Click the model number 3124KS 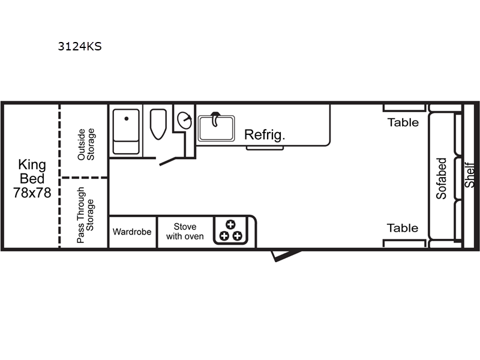(x=80, y=47)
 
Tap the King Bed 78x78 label (x=32, y=179)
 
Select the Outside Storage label (x=86, y=144)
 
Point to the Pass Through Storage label (x=85, y=215)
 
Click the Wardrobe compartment (x=132, y=232)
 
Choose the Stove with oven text (x=185, y=232)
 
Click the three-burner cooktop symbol (x=230, y=230)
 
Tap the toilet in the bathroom (x=158, y=124)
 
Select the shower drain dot (x=127, y=118)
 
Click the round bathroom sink (x=185, y=121)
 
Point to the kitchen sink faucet (x=216, y=119)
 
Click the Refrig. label (x=265, y=135)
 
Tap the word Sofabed (x=441, y=179)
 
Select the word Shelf (x=470, y=175)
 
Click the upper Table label (x=403, y=122)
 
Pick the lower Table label (x=403, y=228)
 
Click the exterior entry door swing (x=286, y=256)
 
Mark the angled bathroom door (x=168, y=161)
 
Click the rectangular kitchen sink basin (x=217, y=128)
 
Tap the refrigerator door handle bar (x=265, y=148)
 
